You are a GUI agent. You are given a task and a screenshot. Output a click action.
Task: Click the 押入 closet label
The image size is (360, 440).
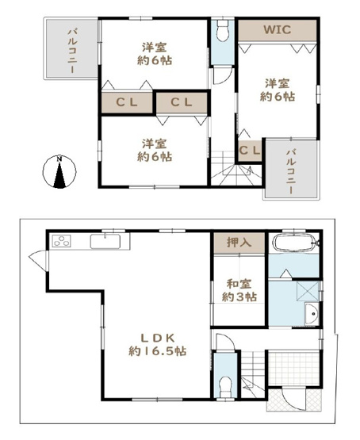[x=238, y=242]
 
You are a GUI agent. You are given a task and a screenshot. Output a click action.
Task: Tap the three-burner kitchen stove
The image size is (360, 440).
[x=61, y=241]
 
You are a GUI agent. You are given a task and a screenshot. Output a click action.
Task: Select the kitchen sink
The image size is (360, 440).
[x=105, y=241]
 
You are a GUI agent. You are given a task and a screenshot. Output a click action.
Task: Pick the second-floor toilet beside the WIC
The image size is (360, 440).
[x=222, y=33]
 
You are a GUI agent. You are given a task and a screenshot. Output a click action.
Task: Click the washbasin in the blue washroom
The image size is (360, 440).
[x=312, y=315]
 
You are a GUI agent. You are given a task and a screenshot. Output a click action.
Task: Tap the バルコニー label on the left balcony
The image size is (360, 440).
[x=71, y=49]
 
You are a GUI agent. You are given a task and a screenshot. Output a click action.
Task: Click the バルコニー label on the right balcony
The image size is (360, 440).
[x=291, y=170]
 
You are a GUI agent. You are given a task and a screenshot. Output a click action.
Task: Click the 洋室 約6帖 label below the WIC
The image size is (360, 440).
[x=278, y=89]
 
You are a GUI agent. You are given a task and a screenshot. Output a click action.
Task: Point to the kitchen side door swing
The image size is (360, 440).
[x=36, y=258]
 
